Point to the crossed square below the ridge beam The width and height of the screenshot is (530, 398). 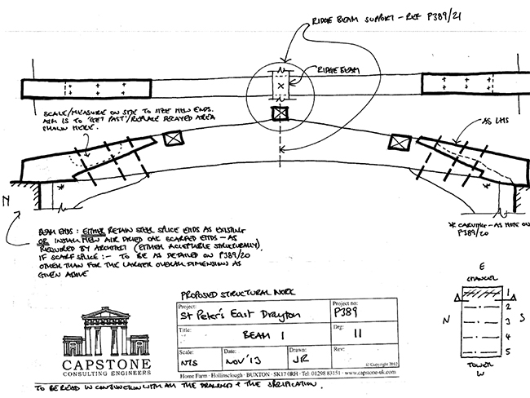[x=281, y=112]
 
